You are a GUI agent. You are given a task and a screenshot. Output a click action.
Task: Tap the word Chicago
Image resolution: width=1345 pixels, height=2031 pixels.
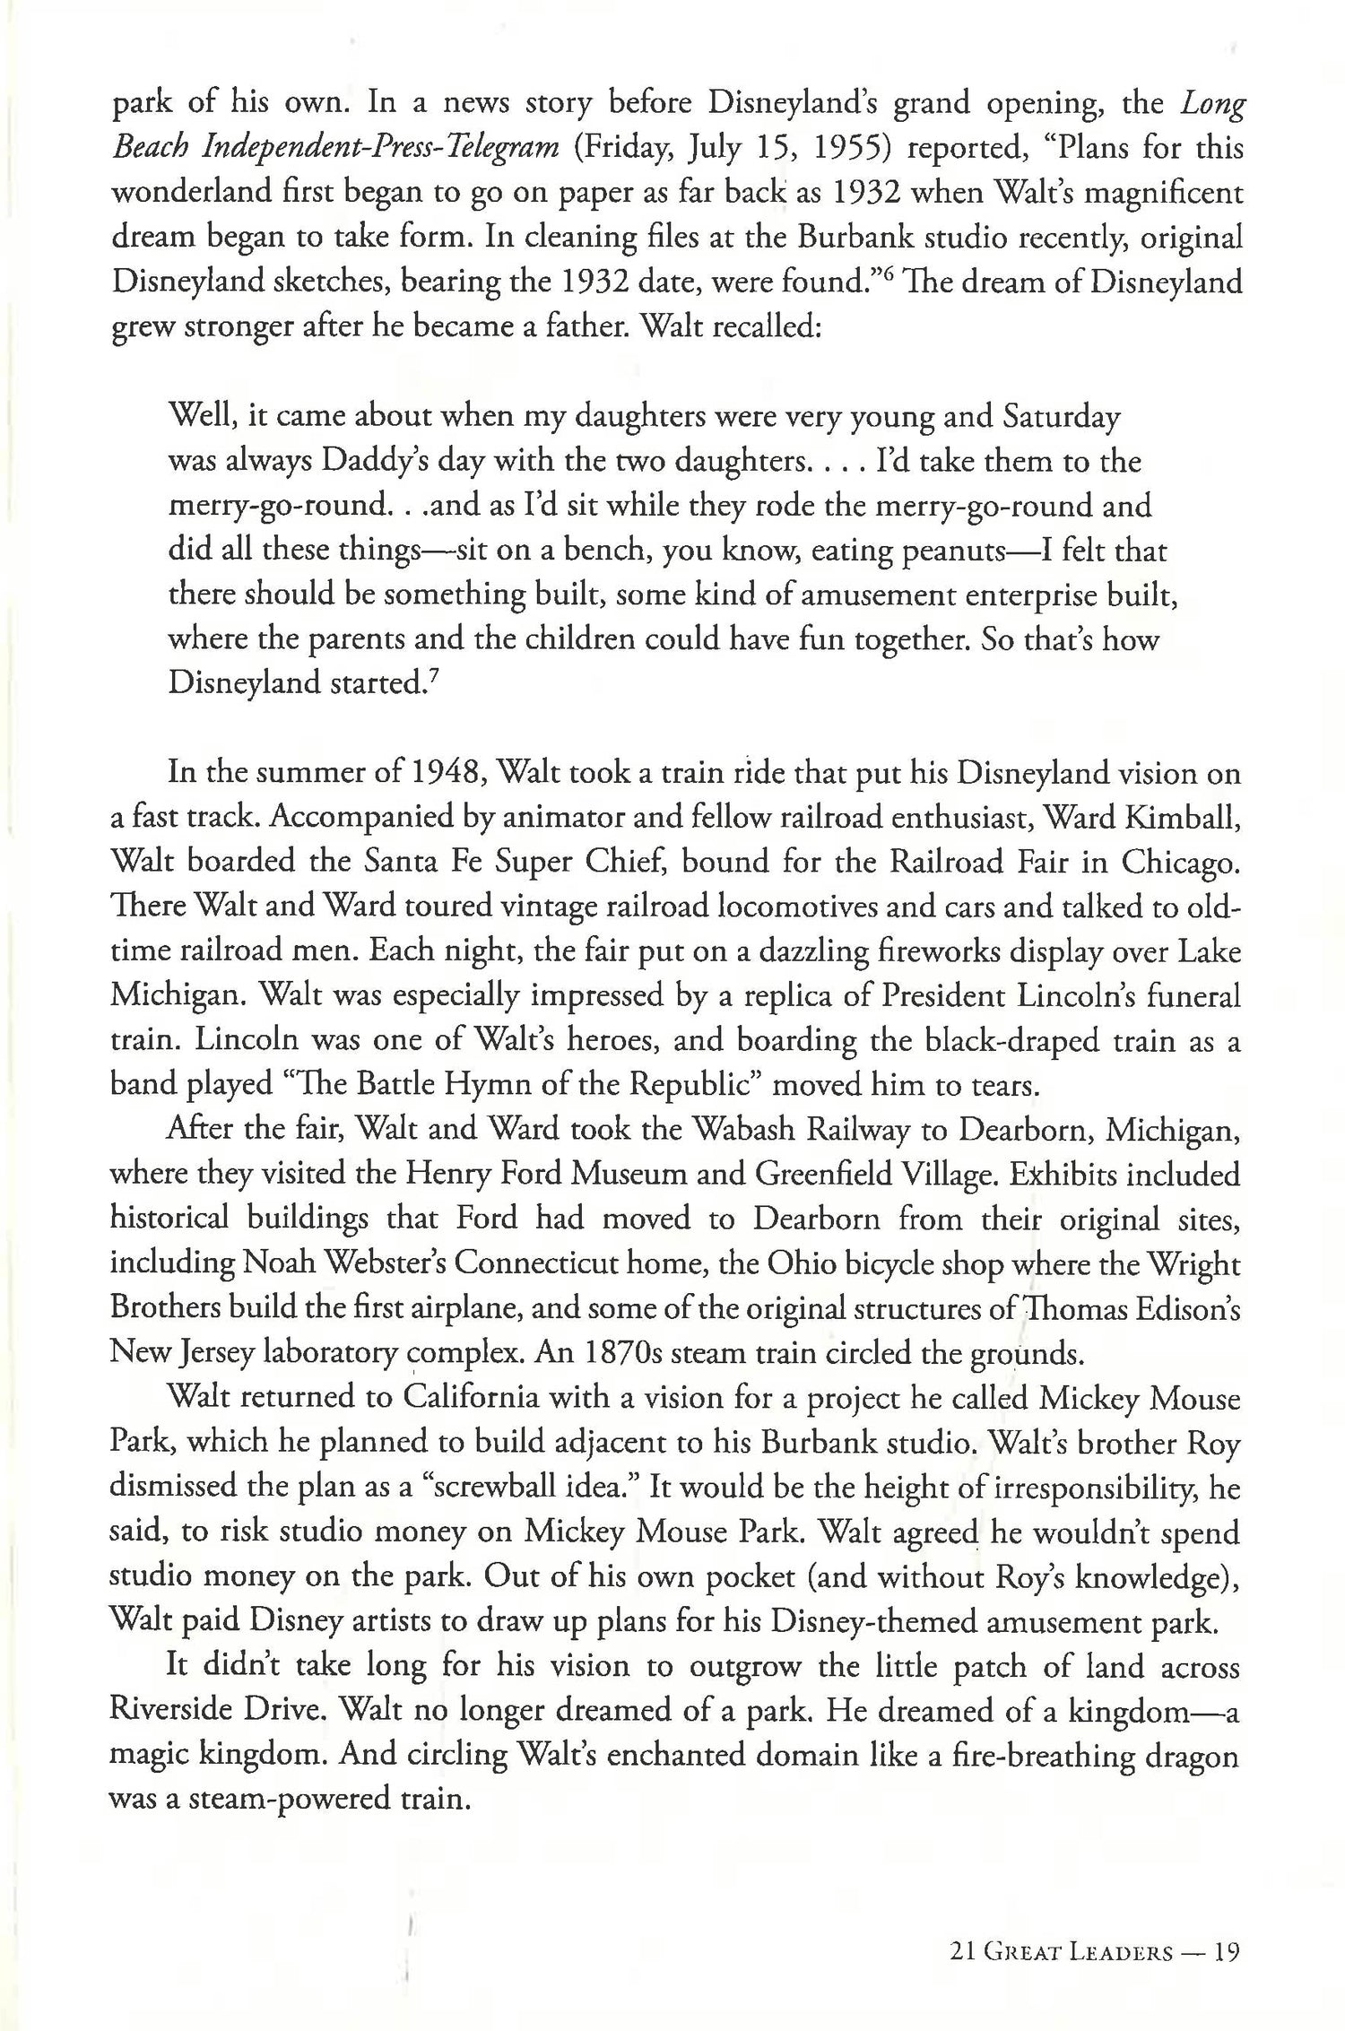1181,863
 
